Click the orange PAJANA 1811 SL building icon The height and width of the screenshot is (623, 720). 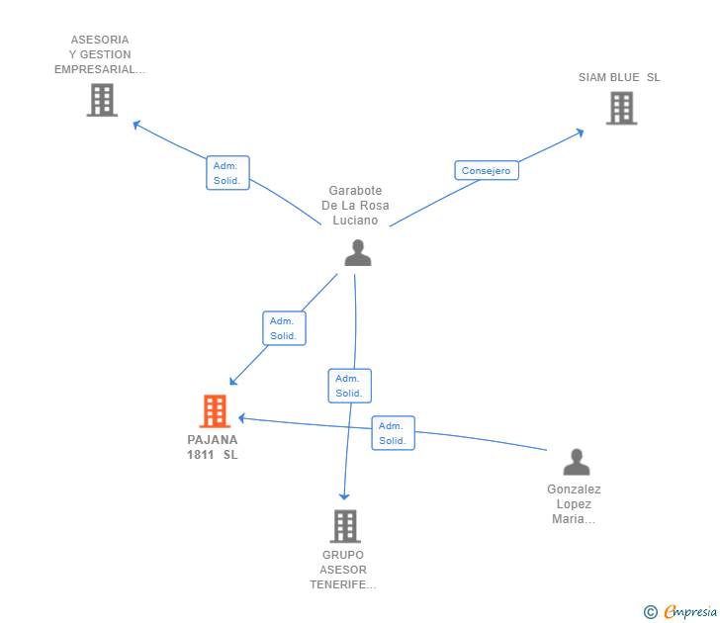(215, 411)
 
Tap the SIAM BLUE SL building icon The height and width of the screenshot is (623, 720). (621, 108)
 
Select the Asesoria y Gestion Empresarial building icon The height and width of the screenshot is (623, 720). (102, 100)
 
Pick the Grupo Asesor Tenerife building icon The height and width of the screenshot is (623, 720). (345, 526)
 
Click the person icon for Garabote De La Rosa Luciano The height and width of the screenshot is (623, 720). (358, 252)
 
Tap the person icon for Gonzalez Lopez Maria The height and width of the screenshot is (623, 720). (577, 462)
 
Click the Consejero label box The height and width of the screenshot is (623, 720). (487, 170)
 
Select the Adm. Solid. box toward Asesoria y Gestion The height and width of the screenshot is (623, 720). (227, 173)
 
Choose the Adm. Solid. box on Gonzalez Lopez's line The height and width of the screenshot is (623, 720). (393, 433)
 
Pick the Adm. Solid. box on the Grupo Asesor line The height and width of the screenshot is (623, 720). (349, 386)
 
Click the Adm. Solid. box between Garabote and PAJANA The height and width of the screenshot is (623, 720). (284, 328)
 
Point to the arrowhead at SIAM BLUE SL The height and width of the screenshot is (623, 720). (581, 133)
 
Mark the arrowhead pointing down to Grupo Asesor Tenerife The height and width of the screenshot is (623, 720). (344, 496)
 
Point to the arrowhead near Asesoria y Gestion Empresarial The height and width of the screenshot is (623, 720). (135, 124)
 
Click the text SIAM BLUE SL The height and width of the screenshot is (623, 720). (619, 77)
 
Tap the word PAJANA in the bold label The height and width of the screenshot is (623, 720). (212, 440)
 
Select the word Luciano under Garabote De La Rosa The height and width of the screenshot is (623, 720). (355, 221)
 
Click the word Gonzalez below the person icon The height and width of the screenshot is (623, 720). (574, 489)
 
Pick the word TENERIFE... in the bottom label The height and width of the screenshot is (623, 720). (343, 584)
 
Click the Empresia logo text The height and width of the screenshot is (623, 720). (689, 611)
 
